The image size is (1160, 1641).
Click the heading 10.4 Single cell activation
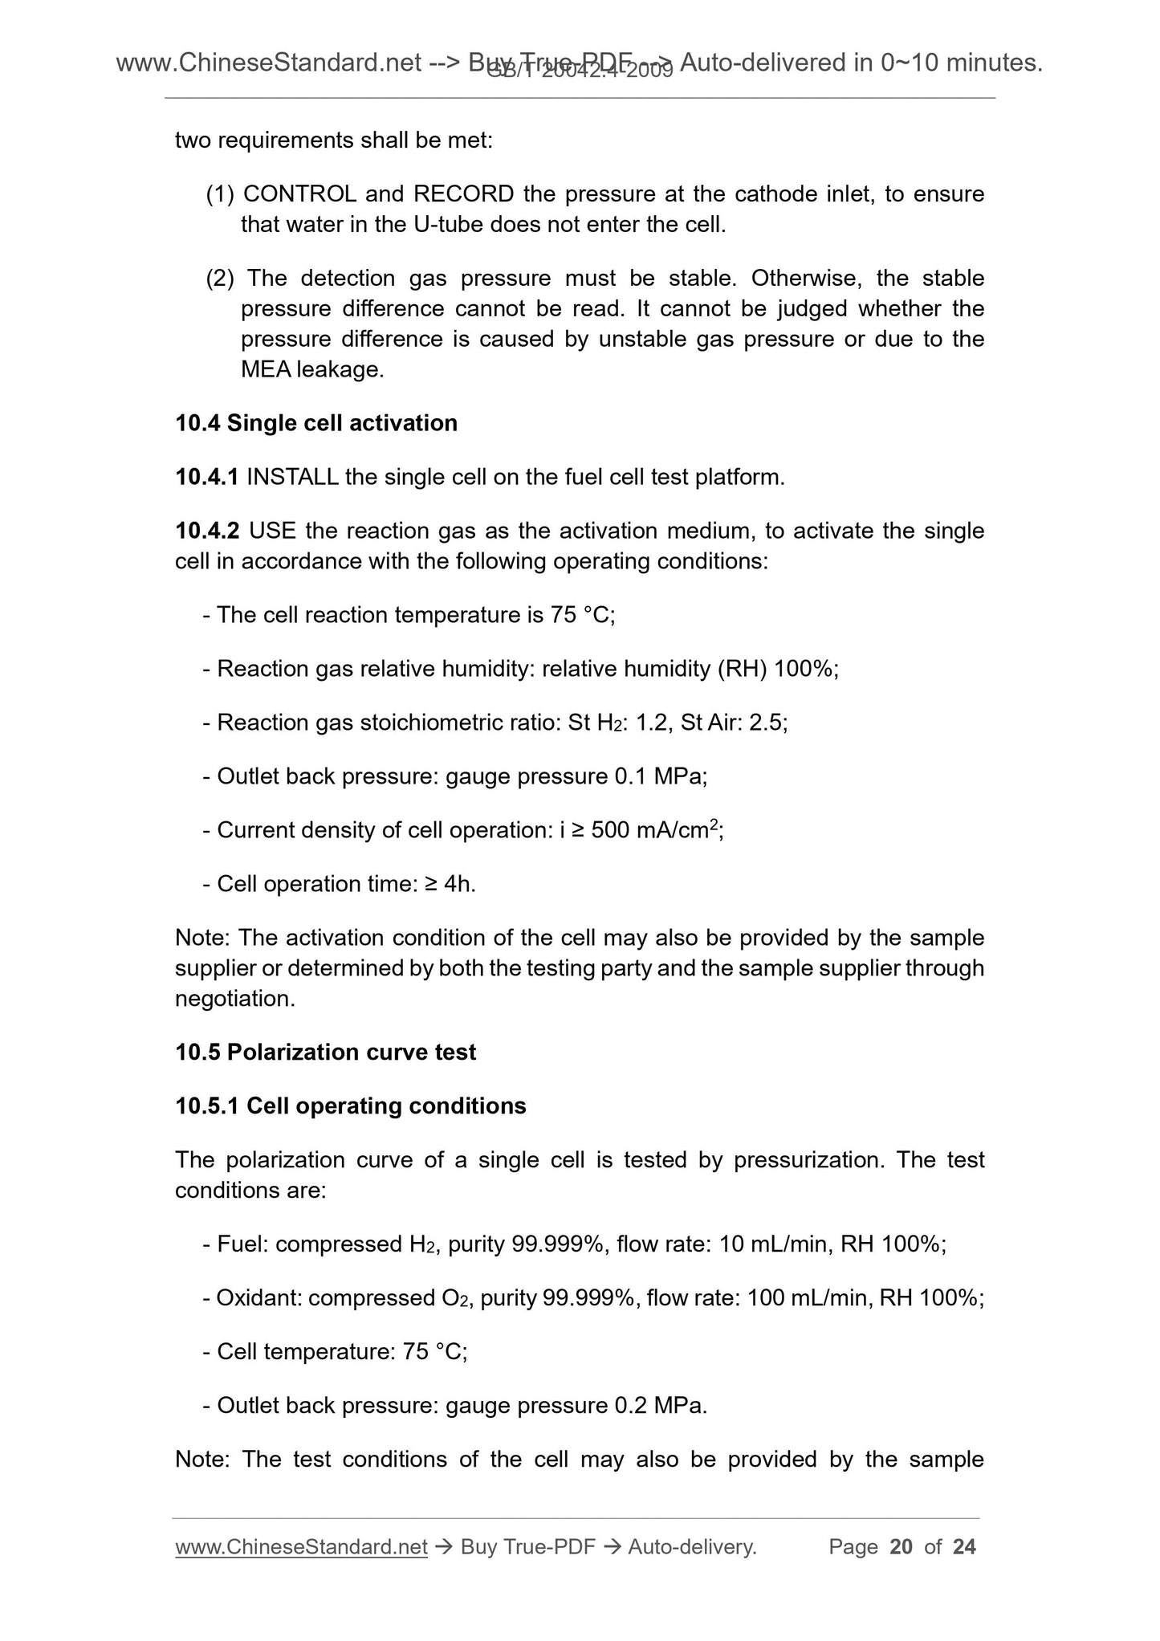pos(316,423)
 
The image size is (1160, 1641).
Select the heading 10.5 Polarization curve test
pos(325,1052)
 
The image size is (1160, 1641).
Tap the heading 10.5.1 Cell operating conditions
pos(350,1106)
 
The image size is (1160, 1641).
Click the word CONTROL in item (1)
pos(299,194)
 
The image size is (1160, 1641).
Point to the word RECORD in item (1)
pos(463,194)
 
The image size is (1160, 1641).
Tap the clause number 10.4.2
pos(207,531)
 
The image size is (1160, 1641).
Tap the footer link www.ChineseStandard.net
pos(300,1546)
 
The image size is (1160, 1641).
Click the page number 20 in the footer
pos(902,1546)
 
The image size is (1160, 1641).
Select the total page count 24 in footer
pos(963,1546)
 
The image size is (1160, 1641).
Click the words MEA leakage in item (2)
pos(311,369)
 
